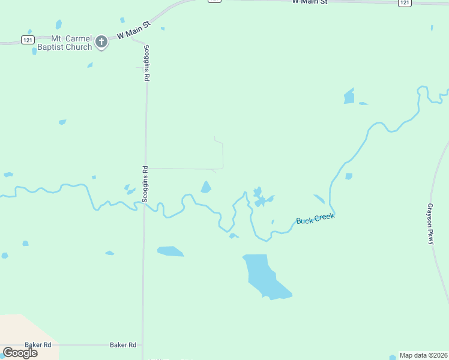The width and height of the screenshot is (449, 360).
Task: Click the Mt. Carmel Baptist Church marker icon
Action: tap(101, 42)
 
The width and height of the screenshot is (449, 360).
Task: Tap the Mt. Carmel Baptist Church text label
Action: tap(64, 43)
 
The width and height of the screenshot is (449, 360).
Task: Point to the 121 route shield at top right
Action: tap(405, 3)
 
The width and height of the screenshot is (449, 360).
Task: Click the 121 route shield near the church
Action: tap(27, 39)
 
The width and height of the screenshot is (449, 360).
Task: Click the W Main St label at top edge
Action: tap(310, 2)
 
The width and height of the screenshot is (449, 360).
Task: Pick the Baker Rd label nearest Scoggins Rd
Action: tap(123, 345)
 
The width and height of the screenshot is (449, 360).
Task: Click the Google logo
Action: tap(20, 353)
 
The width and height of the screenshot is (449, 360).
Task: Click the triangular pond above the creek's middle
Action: tap(206, 188)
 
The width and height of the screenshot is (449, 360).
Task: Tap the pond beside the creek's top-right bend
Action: tap(349, 96)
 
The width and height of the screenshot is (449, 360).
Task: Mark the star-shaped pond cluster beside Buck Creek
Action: tap(259, 197)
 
